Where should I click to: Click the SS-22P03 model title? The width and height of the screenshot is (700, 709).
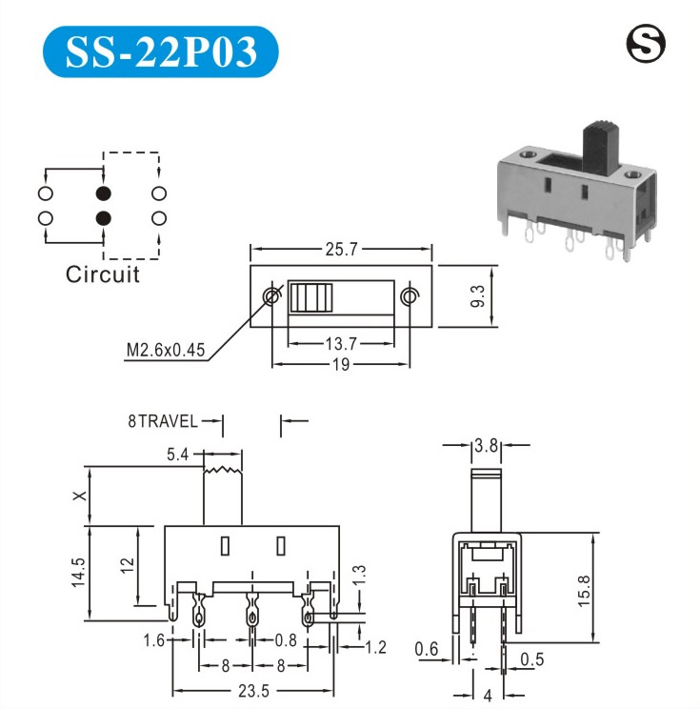tap(161, 51)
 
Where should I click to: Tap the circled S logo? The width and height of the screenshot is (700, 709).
tap(646, 44)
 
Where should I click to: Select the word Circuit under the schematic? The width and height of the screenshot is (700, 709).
tap(103, 274)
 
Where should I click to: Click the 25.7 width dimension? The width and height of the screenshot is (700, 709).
tap(341, 249)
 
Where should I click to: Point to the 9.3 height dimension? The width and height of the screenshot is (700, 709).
tap(477, 296)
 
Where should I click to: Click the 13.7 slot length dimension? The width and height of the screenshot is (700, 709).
tap(341, 344)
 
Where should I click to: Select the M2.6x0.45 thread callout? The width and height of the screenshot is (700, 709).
tap(166, 350)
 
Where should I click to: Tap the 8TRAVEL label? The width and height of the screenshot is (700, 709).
tap(163, 421)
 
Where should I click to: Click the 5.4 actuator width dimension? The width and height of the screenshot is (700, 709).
tap(177, 455)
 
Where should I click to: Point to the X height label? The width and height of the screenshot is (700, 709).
tap(80, 496)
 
